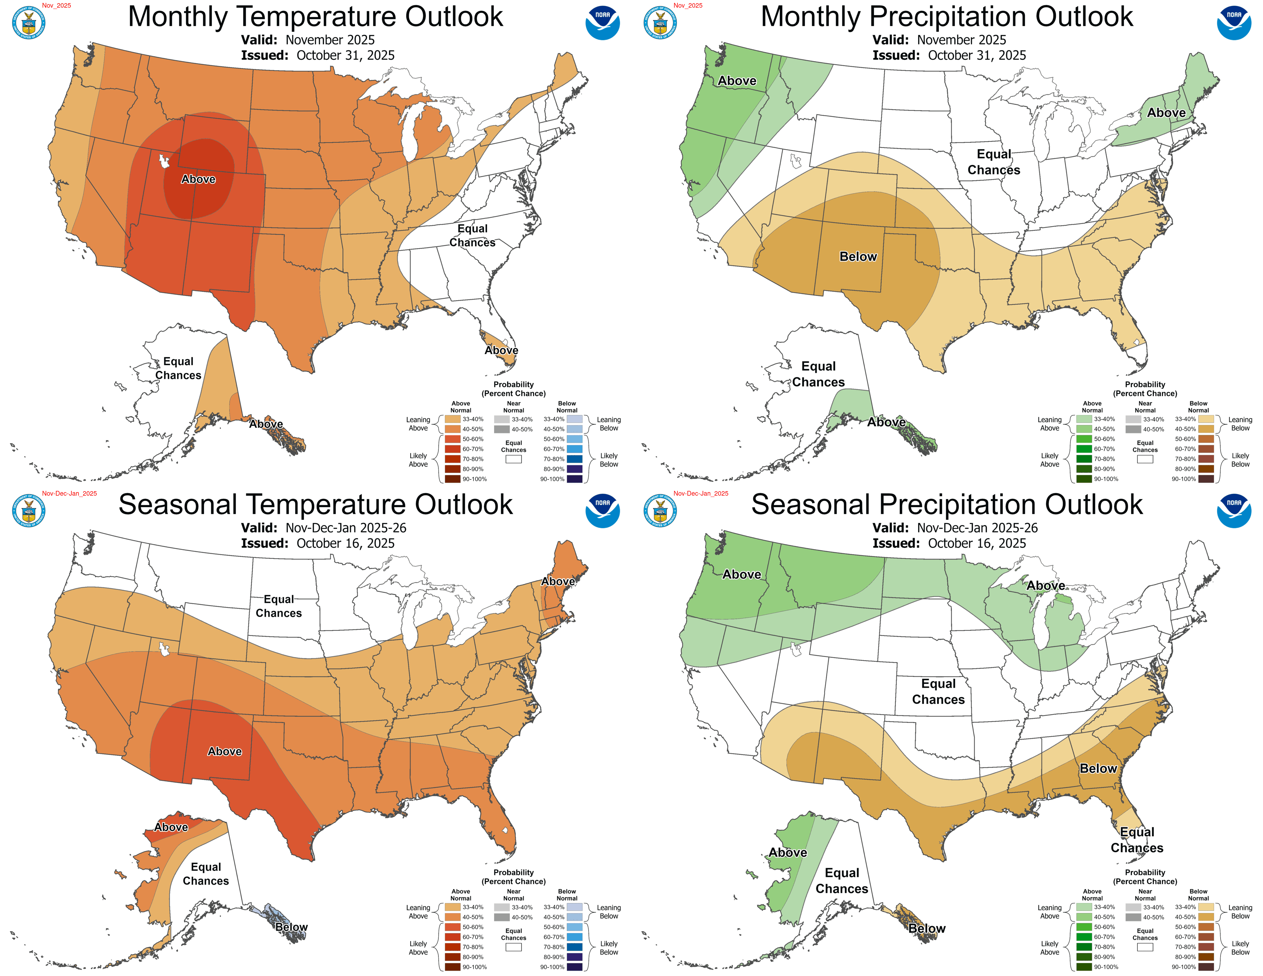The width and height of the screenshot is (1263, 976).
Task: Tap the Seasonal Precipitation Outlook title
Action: [947, 505]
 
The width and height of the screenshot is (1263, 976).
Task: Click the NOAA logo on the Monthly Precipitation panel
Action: [1234, 23]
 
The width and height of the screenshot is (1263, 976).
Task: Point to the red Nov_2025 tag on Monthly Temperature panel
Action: [56, 6]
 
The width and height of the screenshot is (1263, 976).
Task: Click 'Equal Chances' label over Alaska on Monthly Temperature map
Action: [178, 368]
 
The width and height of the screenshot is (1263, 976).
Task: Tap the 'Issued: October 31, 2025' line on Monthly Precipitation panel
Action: [949, 55]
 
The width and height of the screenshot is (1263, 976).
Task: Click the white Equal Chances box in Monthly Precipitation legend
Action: [1144, 459]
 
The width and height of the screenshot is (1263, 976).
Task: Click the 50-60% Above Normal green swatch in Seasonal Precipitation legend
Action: [1084, 927]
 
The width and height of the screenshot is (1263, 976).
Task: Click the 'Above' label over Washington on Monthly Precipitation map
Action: [737, 81]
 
